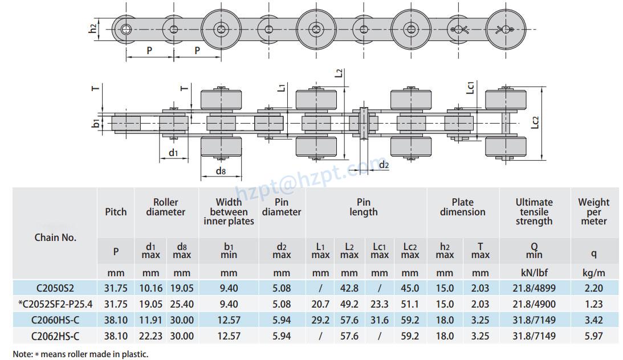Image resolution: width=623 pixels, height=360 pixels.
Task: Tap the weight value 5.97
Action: click(593, 336)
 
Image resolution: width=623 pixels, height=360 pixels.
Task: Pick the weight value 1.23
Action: click(593, 305)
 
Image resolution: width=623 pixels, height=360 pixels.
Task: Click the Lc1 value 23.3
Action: click(380, 305)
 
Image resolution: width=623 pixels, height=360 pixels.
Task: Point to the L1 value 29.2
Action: click(320, 321)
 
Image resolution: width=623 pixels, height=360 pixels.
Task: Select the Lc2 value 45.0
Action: click(410, 289)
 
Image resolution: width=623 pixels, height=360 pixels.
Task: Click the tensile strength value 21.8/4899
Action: click(534, 289)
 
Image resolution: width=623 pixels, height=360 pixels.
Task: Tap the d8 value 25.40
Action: click(182, 305)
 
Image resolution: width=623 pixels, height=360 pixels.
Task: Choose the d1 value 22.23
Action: click(150, 336)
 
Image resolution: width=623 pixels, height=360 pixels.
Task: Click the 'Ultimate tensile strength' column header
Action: click(534, 211)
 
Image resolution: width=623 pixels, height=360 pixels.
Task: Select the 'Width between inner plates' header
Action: click(229, 211)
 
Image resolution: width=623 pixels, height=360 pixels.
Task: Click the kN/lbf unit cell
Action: click(534, 273)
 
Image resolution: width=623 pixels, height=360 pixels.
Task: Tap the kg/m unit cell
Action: click(593, 273)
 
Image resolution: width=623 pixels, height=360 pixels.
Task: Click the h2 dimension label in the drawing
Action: click(93, 28)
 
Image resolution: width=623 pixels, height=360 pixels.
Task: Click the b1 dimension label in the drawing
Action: click(96, 123)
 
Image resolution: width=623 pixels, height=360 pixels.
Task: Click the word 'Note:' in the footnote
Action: click(23, 354)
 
